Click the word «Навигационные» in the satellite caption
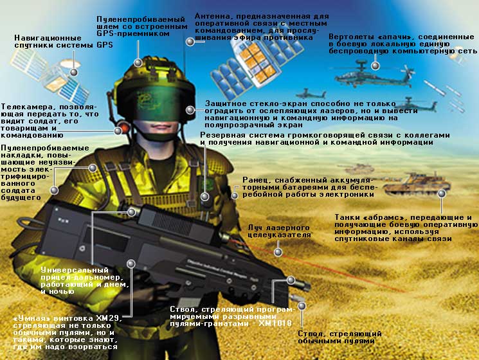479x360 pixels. pos(48,38)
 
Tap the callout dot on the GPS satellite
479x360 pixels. pos(74,73)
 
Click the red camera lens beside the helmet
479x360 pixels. pos(124,127)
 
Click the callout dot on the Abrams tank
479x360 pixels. pos(442,194)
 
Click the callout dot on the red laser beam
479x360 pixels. pos(278,252)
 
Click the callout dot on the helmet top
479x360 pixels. pos(138,62)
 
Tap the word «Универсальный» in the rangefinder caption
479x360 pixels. pos(75,270)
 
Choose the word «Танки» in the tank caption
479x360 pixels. pos(347,217)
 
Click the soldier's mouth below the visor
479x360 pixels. pos(158,127)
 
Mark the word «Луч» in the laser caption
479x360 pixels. pos(255,228)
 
